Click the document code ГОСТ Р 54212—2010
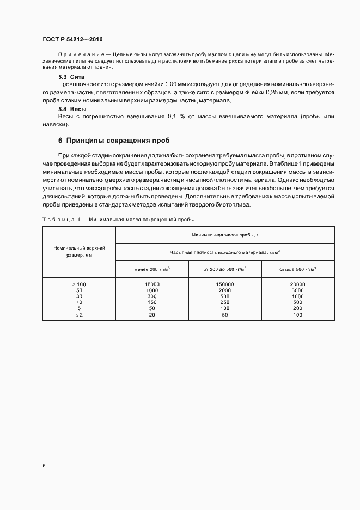point(72,40)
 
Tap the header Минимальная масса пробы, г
point(225,235)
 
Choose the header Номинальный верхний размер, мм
point(80,251)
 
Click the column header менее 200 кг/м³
point(152,269)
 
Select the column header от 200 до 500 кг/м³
point(225,269)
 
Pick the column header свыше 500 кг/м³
point(298,269)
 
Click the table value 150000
point(225,284)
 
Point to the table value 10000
point(152,284)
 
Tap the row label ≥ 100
point(80,284)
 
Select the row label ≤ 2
point(80,315)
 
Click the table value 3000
point(298,290)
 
